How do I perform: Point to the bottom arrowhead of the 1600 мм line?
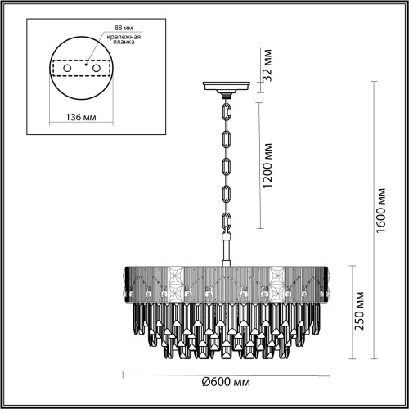[x=375, y=357]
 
